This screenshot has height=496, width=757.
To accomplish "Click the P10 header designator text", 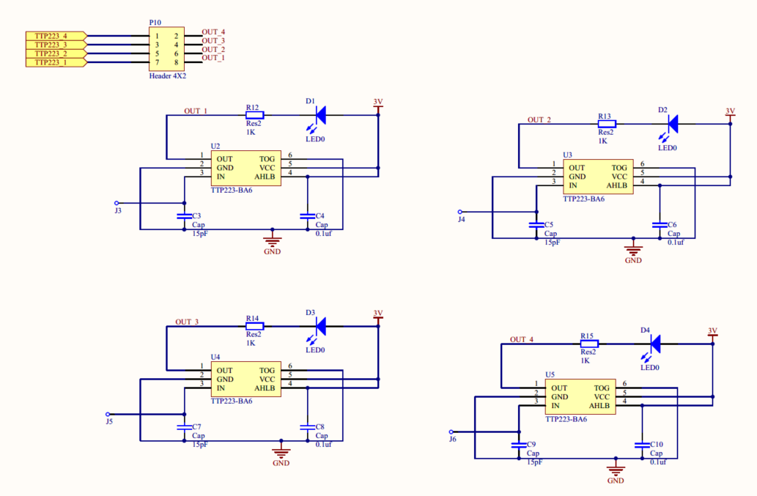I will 155,23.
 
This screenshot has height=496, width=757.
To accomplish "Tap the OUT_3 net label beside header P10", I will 213,41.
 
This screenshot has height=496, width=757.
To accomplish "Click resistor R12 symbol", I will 254,115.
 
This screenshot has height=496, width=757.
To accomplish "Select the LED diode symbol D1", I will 320,115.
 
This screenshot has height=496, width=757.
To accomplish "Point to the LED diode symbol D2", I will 672,124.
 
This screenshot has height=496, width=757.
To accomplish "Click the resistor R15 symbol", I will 588,343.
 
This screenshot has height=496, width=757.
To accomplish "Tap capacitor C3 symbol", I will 183,216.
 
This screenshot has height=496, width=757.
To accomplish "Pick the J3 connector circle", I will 117,203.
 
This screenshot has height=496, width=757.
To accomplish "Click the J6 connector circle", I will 451,432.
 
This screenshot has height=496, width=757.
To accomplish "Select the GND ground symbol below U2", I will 273,240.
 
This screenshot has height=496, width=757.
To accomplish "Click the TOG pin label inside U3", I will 619,168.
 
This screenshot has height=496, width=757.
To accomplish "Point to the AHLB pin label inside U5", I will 599,405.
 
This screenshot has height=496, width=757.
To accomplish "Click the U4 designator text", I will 215,357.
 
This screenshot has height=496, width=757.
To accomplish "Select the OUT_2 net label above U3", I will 539,119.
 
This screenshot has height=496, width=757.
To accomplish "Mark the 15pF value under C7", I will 200,445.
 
